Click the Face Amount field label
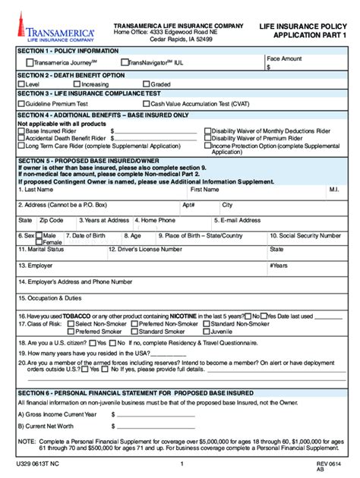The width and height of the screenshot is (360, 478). click(283, 58)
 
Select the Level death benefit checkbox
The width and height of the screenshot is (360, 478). click(21, 84)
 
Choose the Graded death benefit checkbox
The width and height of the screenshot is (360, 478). click(146, 84)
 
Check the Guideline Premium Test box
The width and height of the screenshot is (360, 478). click(21, 103)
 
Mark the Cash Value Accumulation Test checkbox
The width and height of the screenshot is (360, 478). click(146, 103)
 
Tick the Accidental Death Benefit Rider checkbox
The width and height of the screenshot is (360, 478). click(21, 138)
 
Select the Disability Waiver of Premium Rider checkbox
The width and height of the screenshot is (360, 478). click(208, 138)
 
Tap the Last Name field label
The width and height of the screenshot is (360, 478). click(36, 190)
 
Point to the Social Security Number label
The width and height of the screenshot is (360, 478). click(305, 236)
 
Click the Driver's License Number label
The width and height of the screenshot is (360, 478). click(150, 249)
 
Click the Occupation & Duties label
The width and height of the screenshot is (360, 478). click(49, 298)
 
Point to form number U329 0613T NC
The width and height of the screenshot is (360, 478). click(43, 463)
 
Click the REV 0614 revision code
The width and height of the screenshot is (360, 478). click(329, 463)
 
